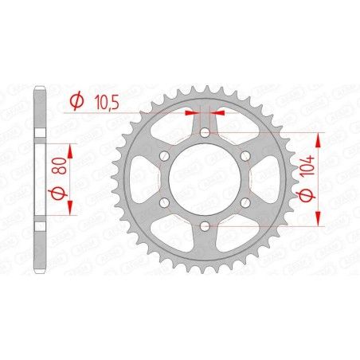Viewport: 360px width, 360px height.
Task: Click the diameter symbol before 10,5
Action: [77, 102]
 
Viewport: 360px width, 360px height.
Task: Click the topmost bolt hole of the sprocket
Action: [204, 133]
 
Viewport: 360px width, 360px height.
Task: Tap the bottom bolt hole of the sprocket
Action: [204, 228]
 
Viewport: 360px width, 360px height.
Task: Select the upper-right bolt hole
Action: [245, 156]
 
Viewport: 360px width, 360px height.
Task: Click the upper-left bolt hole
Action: [163, 156]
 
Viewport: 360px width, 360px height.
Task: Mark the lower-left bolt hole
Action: [163, 204]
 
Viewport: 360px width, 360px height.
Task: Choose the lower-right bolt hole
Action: [245, 204]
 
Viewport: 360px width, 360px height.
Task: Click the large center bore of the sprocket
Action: [204, 180]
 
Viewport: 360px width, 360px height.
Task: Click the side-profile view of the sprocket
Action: [41, 180]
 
